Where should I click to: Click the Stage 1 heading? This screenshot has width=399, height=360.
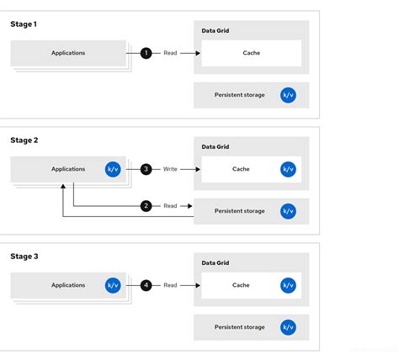tap(24, 24)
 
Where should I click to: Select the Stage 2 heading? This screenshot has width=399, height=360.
tap(24, 140)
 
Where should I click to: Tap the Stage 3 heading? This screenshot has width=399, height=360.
tap(24, 257)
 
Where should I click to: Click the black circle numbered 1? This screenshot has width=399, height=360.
tap(146, 53)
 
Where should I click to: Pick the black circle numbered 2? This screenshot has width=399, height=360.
tap(146, 205)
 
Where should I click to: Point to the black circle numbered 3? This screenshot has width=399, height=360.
tap(146, 169)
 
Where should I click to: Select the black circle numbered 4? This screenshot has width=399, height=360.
tap(146, 285)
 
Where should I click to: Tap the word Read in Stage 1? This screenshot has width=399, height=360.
tap(171, 53)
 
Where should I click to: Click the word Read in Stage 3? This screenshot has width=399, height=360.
tap(171, 285)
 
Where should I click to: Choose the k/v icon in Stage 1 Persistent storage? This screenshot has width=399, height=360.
tap(288, 95)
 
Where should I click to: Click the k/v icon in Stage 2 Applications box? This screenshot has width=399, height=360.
tap(113, 169)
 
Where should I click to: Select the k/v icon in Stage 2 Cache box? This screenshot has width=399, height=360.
tap(288, 169)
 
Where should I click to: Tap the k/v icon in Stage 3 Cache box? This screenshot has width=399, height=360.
tap(288, 285)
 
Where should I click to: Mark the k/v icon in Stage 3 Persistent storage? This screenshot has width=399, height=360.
tap(288, 327)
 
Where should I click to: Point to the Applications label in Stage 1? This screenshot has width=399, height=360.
tap(68, 53)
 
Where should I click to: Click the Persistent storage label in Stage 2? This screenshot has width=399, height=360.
tap(240, 211)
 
